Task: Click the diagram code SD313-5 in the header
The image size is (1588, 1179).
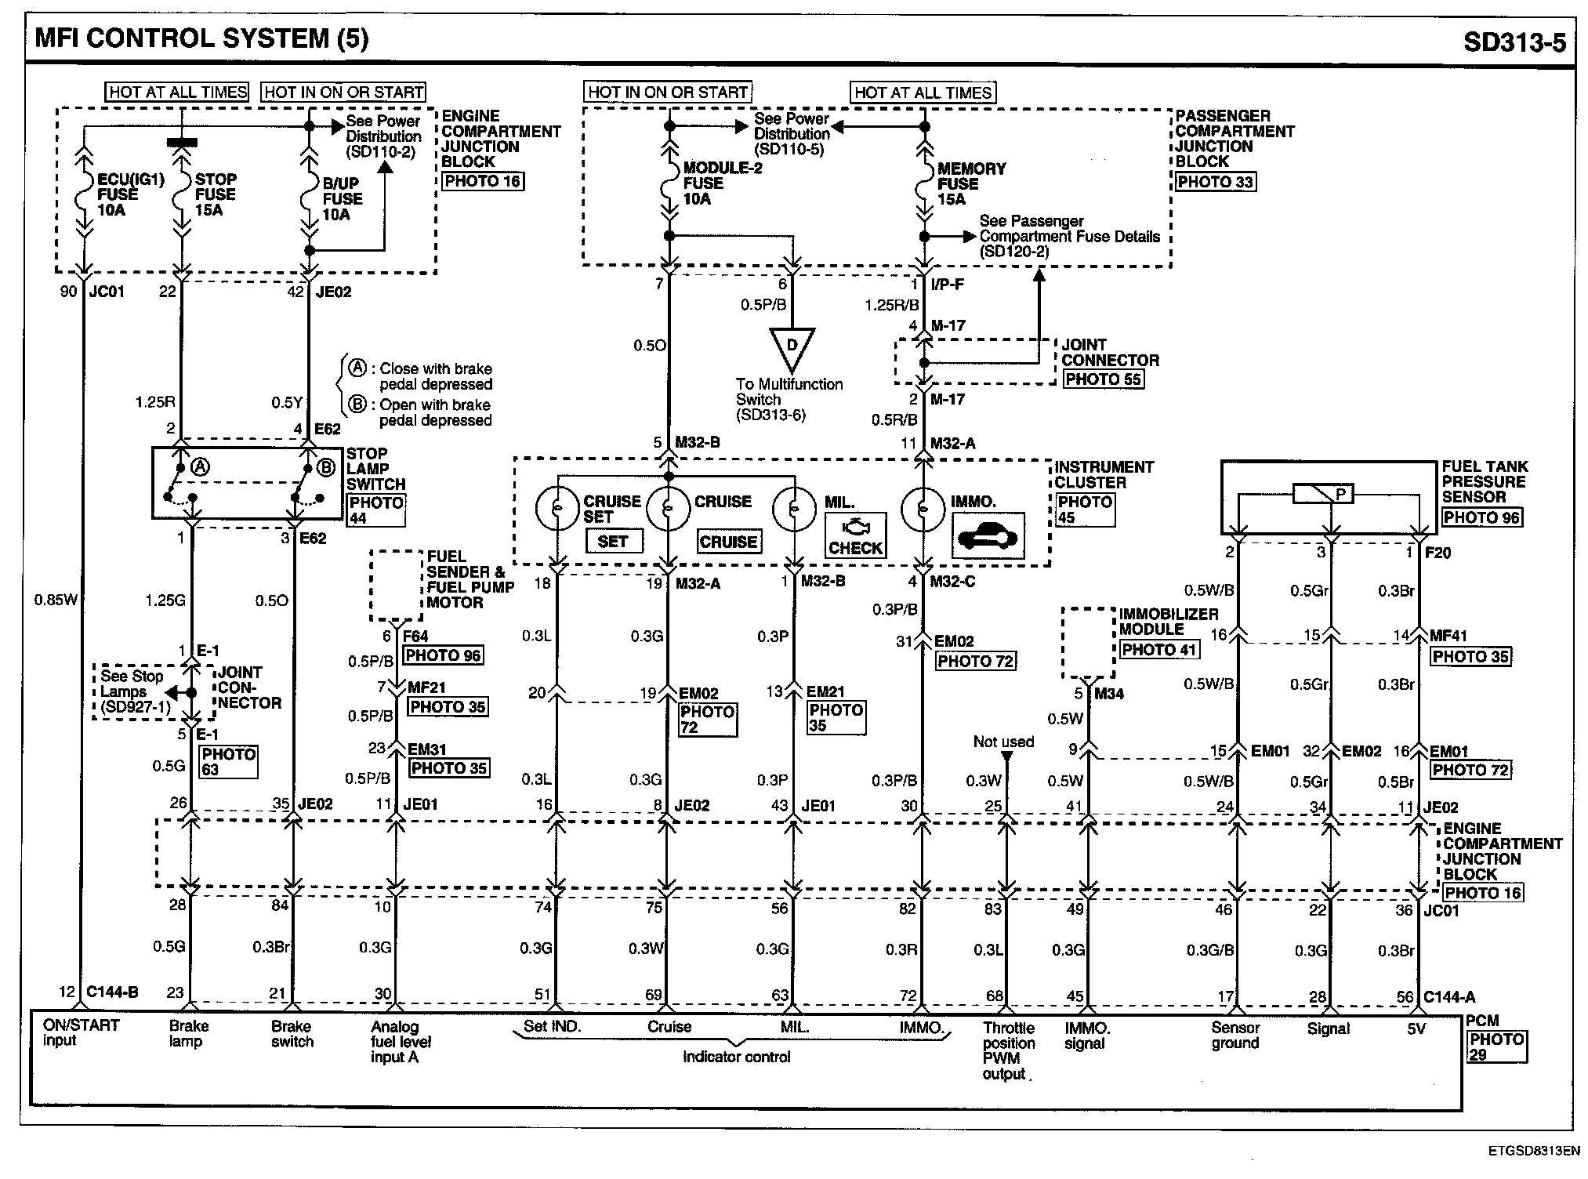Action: [x=1514, y=42]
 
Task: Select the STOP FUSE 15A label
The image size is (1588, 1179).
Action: [x=215, y=194]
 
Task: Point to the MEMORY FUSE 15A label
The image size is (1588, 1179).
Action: [x=970, y=184]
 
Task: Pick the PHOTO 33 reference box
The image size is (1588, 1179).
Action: [x=1214, y=183]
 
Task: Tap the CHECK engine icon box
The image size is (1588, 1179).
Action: [x=855, y=536]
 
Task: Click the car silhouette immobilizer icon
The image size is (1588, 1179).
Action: [x=988, y=537]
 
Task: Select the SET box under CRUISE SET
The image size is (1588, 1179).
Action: [x=612, y=541]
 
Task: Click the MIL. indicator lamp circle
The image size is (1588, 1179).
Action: [x=794, y=509]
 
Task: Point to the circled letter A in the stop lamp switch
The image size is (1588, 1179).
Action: [x=201, y=468]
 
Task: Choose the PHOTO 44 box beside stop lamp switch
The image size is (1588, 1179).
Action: [x=376, y=510]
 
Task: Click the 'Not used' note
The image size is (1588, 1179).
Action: [x=1003, y=742]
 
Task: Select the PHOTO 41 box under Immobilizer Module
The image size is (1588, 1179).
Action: [x=1158, y=650]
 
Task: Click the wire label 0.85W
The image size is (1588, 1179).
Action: [x=56, y=600]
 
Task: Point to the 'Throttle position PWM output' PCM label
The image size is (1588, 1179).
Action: [x=1009, y=1050]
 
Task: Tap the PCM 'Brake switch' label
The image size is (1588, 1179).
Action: [x=292, y=1034]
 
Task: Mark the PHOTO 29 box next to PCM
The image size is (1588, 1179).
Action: [x=1496, y=1047]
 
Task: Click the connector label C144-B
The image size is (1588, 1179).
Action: [x=111, y=993]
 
